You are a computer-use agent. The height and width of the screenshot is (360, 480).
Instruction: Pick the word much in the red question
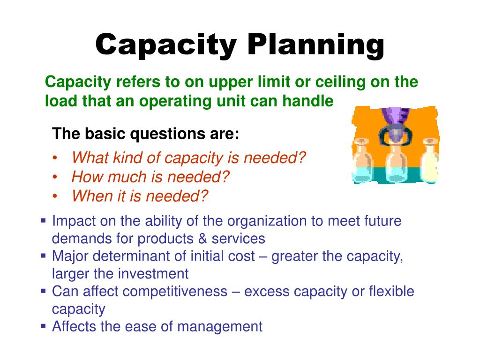[x=128, y=177]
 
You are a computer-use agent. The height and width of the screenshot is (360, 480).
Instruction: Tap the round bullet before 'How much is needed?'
[x=56, y=177]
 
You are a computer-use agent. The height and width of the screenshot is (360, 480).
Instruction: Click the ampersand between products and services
[x=202, y=239]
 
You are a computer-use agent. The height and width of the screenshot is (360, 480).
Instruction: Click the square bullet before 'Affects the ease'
[x=43, y=325]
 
